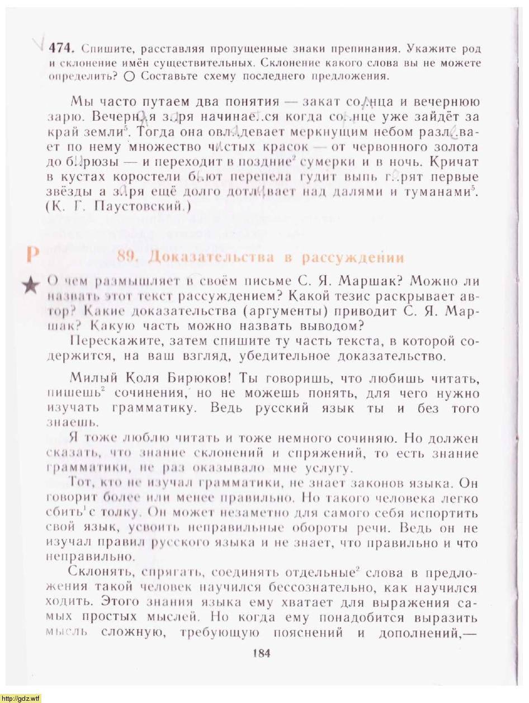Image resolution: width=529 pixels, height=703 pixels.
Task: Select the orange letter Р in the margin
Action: coord(32,254)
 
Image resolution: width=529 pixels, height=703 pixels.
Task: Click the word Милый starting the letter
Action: coord(89,379)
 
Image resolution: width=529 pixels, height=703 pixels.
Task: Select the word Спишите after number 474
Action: coord(105,49)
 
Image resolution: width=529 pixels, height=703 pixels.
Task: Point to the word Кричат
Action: coord(455,162)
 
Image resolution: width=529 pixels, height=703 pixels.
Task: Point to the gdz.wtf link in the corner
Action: coord(21,698)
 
